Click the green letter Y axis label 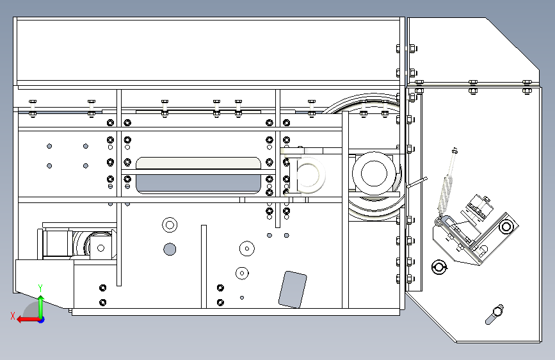pos(40,288)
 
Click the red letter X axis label pos(13,316)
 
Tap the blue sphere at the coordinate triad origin pos(42,320)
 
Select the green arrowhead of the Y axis pos(41,299)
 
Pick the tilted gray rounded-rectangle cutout pos(293,289)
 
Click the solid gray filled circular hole pos(170,249)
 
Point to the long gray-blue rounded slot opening pos(198,184)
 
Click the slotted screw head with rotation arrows pos(439,267)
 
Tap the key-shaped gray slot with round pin pos(494,314)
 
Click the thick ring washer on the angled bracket pos(506,226)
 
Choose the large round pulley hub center pos(374,173)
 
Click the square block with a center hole pos(101,248)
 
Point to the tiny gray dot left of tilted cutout pos(242,298)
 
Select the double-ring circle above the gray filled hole pos(170,225)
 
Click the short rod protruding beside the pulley pos(417,182)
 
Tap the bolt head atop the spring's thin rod pos(455,151)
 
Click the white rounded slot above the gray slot pos(198,163)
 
